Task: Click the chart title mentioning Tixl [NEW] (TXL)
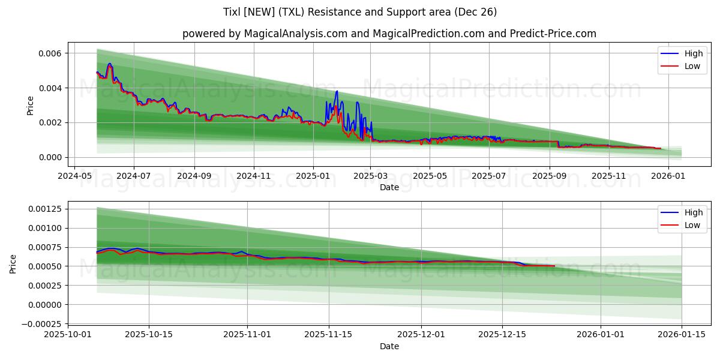[x=360, y=12]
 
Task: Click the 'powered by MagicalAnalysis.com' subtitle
[x=389, y=34]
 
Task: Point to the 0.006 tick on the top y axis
[x=50, y=53]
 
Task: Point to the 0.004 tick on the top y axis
[x=50, y=88]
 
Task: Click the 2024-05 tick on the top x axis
[x=74, y=176]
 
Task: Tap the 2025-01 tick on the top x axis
[x=313, y=176]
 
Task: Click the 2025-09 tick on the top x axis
[x=550, y=176]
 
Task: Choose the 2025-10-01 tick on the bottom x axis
[x=67, y=335]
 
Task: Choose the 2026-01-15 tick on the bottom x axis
[x=682, y=335]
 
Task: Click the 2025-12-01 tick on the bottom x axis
[x=421, y=335]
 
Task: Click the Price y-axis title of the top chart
[x=31, y=106]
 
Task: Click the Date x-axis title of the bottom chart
[x=389, y=346]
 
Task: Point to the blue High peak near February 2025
[x=337, y=91]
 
